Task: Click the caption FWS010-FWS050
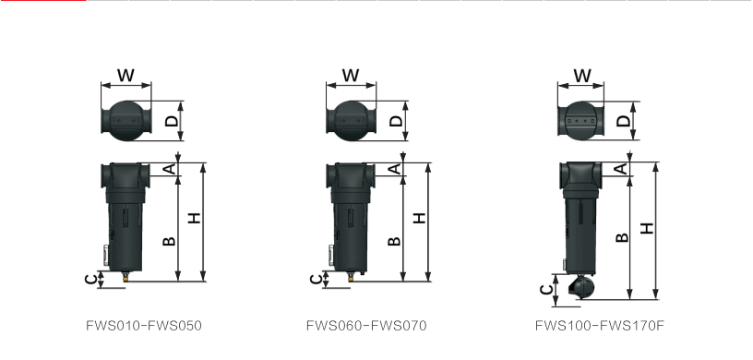[x=144, y=326]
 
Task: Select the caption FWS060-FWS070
[x=366, y=326]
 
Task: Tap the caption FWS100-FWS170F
[x=600, y=326]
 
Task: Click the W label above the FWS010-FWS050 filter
[x=125, y=75]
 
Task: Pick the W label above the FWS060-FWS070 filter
[x=351, y=75]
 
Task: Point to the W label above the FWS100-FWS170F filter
[x=582, y=76]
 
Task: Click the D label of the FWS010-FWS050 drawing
[x=172, y=121]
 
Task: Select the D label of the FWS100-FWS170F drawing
[x=623, y=121]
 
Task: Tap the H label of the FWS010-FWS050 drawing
[x=194, y=218]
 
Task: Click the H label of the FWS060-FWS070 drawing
[x=420, y=218]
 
